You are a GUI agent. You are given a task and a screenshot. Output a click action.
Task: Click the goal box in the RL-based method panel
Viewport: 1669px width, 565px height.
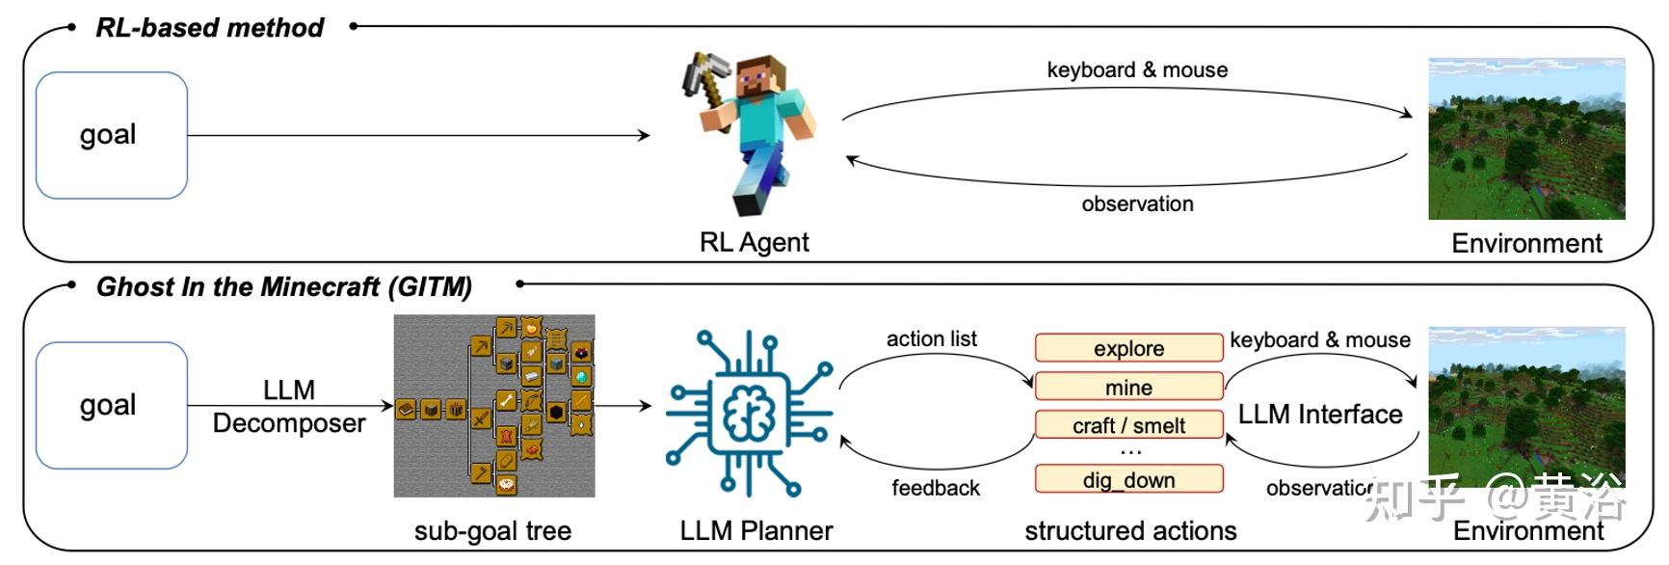click(x=112, y=135)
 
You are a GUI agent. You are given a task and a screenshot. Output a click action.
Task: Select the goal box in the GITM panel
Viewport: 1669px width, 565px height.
click(x=112, y=405)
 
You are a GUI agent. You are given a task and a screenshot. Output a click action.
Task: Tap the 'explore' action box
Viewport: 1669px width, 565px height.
click(x=1129, y=348)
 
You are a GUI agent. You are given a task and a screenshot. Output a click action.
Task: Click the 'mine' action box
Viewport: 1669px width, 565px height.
click(x=1129, y=387)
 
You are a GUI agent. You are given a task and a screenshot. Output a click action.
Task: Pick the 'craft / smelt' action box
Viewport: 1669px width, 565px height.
click(x=1129, y=425)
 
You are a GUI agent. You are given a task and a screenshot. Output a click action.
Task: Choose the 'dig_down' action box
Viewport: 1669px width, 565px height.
click(x=1129, y=479)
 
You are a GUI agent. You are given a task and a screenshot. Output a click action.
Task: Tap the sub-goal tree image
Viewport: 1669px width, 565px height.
click(x=494, y=406)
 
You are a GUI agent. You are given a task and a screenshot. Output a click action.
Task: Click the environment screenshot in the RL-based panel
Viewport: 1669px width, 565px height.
click(x=1526, y=139)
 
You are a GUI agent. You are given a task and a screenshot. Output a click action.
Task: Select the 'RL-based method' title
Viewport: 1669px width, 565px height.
click(x=210, y=28)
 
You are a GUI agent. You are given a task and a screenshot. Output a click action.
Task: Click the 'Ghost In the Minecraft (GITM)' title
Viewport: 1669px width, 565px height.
click(x=284, y=287)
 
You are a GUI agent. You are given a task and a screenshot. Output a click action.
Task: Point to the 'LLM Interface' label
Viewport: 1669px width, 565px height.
click(x=1320, y=415)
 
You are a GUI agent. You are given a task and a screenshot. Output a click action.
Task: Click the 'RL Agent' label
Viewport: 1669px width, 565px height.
click(x=755, y=242)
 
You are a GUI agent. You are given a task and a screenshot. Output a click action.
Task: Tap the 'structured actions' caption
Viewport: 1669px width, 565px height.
click(x=1130, y=530)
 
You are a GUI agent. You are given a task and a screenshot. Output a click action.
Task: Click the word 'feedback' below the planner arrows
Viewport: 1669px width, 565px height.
click(x=936, y=488)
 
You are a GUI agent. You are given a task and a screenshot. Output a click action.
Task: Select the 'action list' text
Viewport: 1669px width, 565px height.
click(x=932, y=338)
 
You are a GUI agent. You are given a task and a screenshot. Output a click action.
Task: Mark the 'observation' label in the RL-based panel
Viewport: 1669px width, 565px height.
click(x=1137, y=203)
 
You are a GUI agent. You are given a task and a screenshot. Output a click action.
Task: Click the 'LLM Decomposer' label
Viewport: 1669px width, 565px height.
click(x=289, y=406)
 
